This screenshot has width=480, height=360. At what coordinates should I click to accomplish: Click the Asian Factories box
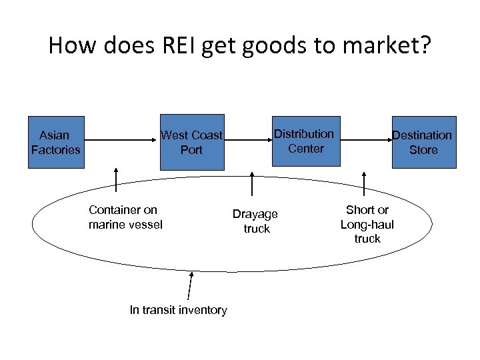pos(55,142)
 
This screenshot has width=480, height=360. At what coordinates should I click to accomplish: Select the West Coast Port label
pos(191,143)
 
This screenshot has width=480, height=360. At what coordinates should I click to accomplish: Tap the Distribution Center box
pos(304,141)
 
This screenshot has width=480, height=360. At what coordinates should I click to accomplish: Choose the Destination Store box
pos(423,143)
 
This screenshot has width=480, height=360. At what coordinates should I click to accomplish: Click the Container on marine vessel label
pos(125,217)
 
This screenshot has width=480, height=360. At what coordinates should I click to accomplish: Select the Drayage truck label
pos(255,221)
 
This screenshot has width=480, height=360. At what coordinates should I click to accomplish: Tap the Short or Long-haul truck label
pos(367,224)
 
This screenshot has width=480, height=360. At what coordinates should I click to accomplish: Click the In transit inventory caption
pos(178,309)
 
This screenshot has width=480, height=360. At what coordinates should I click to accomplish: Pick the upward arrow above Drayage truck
pos(251,183)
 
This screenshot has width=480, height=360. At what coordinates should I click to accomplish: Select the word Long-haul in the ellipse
pos(367,225)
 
